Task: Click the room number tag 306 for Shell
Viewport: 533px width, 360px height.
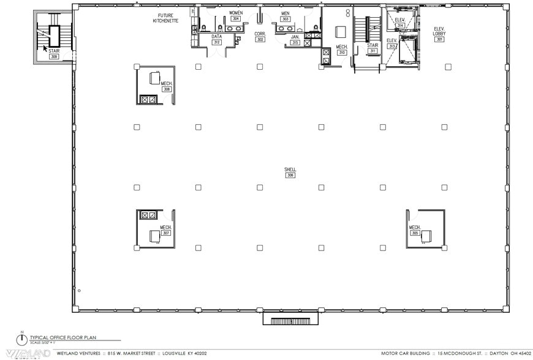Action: (x=290, y=175)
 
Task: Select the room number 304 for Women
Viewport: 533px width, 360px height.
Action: (x=235, y=19)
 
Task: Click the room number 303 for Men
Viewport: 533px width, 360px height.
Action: (x=285, y=19)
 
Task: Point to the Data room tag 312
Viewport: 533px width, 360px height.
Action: (x=216, y=42)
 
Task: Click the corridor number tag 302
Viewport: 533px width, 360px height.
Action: (x=260, y=39)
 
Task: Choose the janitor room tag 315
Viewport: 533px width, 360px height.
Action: (x=295, y=42)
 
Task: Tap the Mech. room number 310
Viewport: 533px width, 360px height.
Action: (x=342, y=53)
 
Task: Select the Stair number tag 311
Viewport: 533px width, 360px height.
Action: (x=372, y=51)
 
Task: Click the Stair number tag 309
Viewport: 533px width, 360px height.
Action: (x=54, y=57)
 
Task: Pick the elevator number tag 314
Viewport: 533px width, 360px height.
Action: (x=401, y=25)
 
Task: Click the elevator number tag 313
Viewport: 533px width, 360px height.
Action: (x=392, y=46)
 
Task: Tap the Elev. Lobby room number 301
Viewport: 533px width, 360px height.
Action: (x=439, y=39)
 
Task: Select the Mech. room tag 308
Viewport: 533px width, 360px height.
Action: (x=166, y=89)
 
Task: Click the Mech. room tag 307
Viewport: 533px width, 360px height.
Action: (x=165, y=233)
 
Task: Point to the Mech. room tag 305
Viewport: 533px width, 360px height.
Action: (x=415, y=233)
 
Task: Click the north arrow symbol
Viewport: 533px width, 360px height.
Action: (x=23, y=340)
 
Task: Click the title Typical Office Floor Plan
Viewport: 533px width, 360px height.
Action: (x=63, y=337)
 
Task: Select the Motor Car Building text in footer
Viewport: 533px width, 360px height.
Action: (x=402, y=353)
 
